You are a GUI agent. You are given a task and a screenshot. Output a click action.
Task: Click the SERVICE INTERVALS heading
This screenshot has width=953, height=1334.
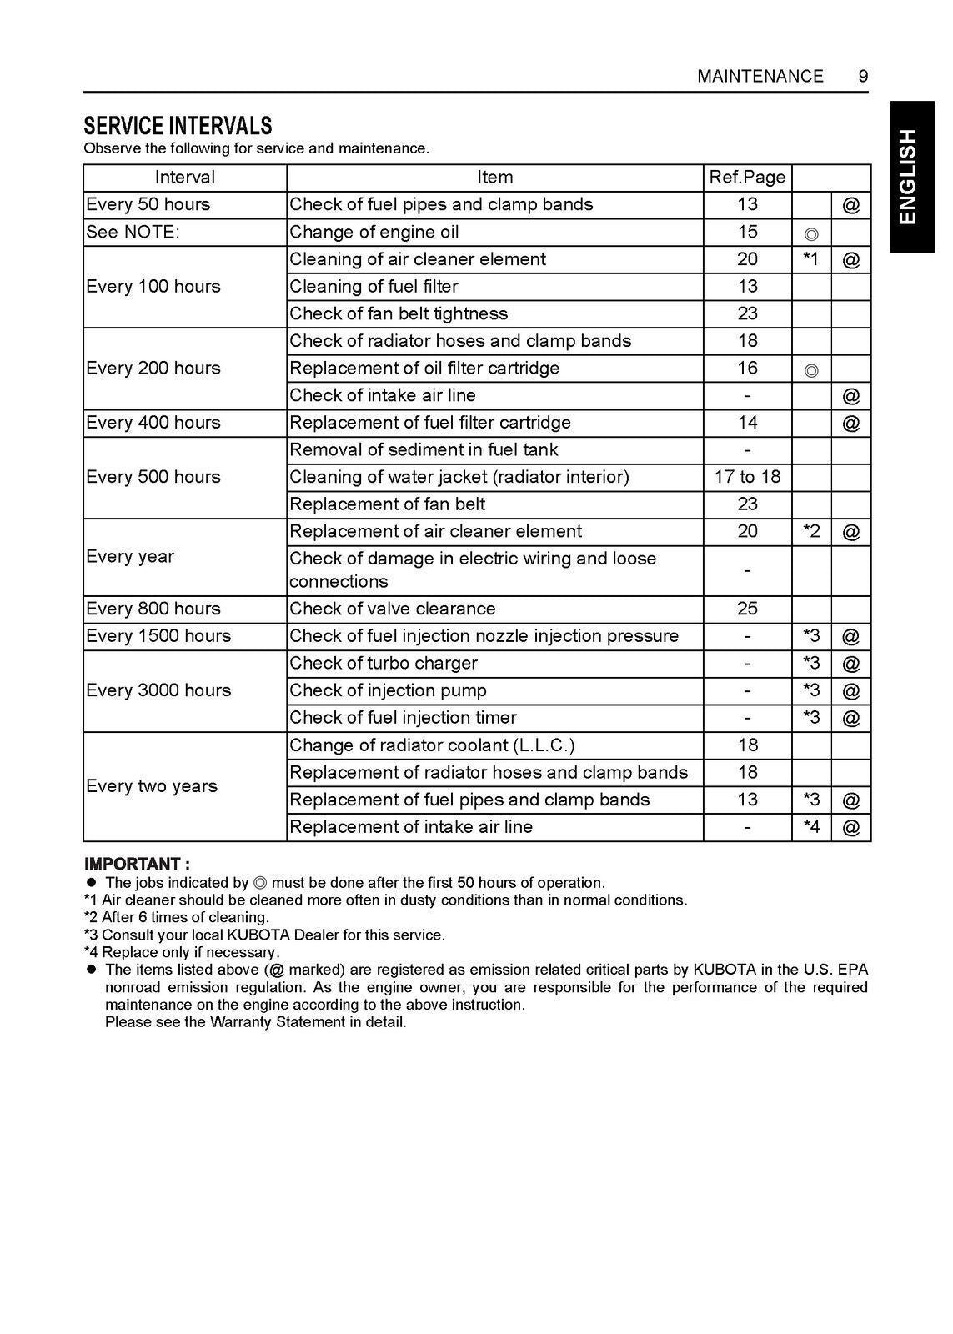tap(178, 126)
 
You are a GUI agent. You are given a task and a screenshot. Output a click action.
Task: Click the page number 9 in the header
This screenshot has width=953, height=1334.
tap(863, 77)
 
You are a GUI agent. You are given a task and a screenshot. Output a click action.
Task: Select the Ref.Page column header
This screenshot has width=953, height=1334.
tap(747, 178)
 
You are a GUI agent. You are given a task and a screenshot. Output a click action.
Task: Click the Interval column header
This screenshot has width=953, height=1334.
tap(184, 178)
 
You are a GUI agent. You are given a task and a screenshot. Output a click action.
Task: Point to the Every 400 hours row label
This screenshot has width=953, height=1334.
tap(153, 423)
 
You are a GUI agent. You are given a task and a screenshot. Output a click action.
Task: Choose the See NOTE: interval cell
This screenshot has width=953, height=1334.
tap(133, 233)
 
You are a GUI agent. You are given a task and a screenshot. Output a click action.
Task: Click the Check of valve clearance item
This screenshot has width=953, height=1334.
tap(392, 609)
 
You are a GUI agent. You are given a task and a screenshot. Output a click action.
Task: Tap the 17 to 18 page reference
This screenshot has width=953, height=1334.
tap(747, 477)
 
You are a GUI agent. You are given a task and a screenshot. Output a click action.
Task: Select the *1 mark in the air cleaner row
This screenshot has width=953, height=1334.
tap(810, 259)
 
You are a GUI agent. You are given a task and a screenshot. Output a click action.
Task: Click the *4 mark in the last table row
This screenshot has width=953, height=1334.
tap(810, 827)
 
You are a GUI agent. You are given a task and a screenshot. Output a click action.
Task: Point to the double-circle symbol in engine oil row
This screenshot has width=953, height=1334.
tap(811, 233)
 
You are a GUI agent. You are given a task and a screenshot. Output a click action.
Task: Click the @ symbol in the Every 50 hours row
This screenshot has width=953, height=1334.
tap(850, 205)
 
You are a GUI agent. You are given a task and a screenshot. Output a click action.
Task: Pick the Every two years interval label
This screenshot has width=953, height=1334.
tap(152, 786)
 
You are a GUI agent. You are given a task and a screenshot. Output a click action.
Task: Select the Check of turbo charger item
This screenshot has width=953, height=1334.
tap(384, 664)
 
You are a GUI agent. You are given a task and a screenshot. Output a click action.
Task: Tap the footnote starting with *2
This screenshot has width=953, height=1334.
tap(176, 917)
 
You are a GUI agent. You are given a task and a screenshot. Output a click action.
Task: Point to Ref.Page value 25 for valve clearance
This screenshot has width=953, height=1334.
tap(747, 609)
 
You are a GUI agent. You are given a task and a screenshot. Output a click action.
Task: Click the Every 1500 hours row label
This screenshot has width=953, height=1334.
tap(158, 636)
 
